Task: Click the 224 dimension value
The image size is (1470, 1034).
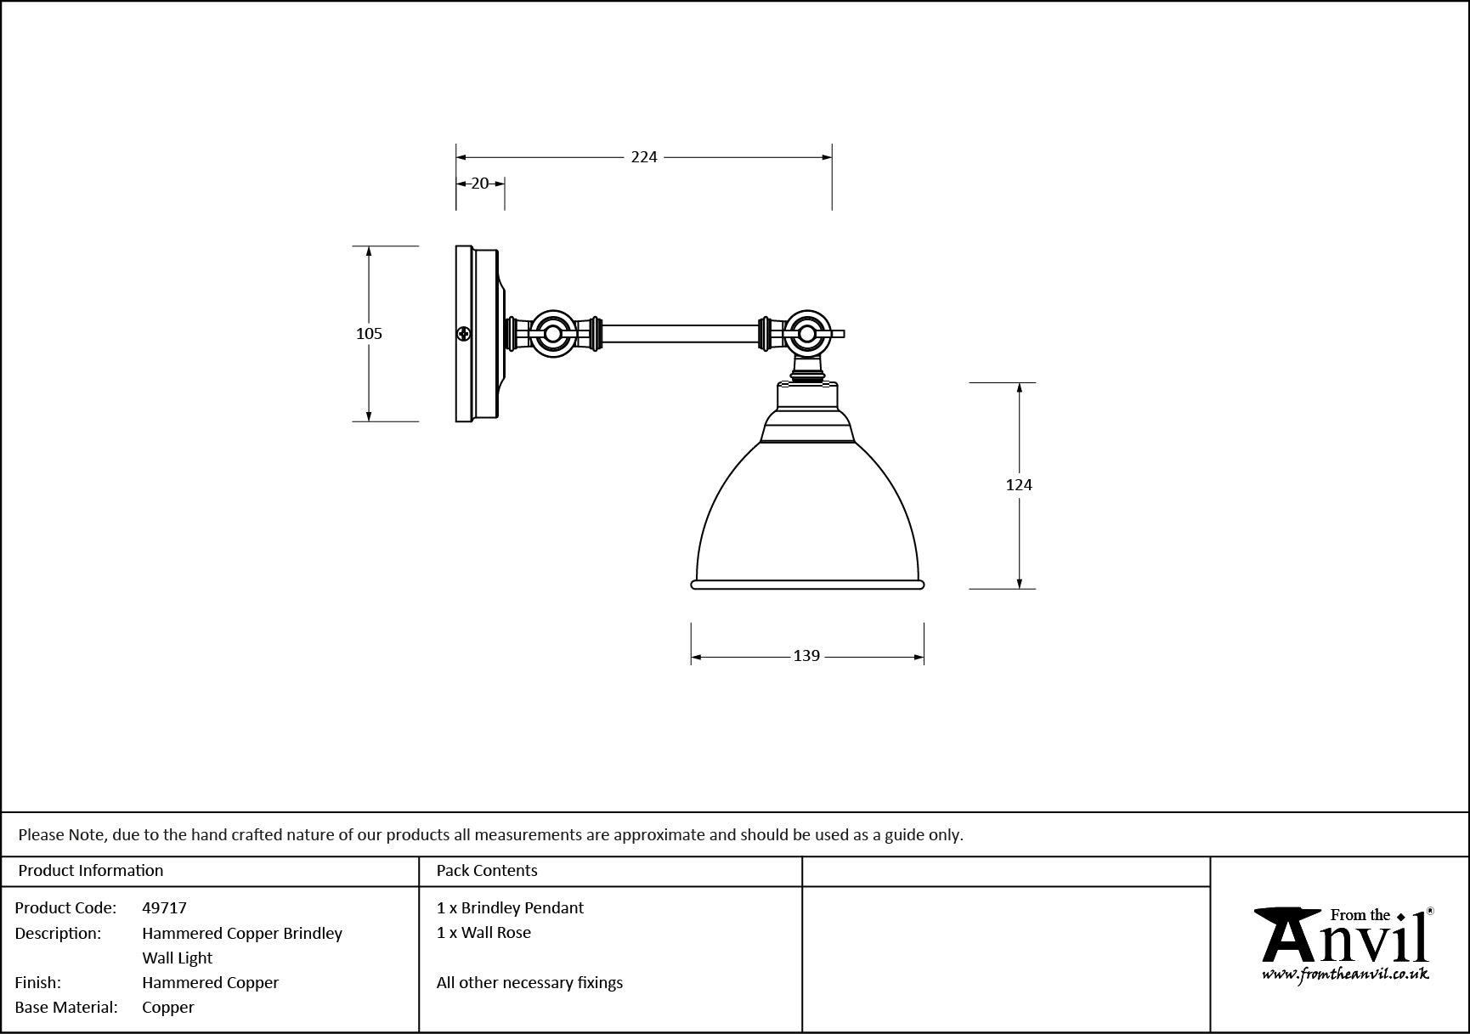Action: (644, 157)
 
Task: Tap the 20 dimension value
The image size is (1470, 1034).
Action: (480, 183)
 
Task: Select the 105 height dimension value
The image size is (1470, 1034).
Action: (369, 334)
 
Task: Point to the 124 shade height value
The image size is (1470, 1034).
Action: (1019, 485)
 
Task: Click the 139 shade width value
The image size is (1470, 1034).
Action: (806, 656)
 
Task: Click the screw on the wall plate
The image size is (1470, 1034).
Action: (464, 334)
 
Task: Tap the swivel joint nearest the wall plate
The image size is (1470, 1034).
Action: (553, 334)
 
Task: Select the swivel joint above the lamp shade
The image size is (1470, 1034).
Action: (805, 334)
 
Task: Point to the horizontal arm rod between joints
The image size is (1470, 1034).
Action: (681, 334)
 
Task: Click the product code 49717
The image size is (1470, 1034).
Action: (164, 908)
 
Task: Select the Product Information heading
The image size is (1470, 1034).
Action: (91, 871)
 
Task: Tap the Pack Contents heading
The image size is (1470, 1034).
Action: (487, 871)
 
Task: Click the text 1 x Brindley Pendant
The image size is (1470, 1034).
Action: (510, 908)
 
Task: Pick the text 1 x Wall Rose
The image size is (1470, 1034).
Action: (483, 933)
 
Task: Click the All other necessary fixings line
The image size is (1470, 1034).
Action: (529, 983)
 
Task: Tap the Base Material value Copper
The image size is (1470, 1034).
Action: (168, 1008)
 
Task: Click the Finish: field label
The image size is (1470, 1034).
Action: (38, 983)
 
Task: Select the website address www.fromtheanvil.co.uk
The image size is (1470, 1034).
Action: (1345, 975)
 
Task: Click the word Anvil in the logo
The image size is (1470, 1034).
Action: (1343, 939)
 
